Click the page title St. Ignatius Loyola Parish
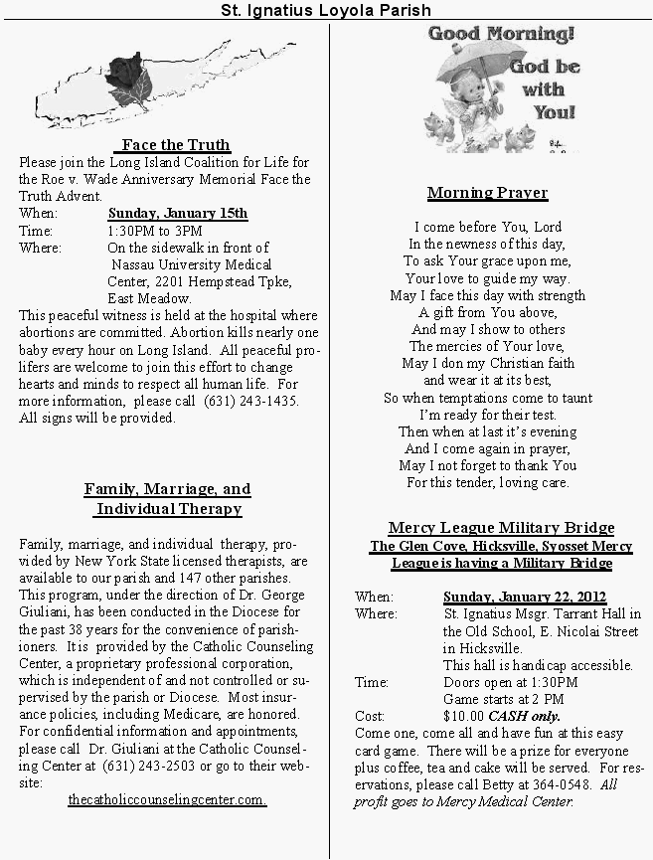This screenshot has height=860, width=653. pyautogui.click(x=326, y=10)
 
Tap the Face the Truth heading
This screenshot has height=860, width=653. pyautogui.click(x=176, y=145)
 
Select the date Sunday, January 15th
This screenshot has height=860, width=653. pyautogui.click(x=178, y=213)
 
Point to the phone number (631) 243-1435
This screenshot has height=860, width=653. pyautogui.click(x=250, y=402)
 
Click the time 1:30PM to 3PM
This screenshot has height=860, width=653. pyautogui.click(x=154, y=231)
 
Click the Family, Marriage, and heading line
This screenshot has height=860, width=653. pyautogui.click(x=167, y=489)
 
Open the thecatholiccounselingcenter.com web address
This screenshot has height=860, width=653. pyautogui.click(x=167, y=800)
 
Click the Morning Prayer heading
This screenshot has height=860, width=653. pyautogui.click(x=487, y=192)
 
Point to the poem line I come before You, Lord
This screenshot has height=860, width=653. pyautogui.click(x=487, y=227)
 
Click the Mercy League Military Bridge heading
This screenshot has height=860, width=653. pyautogui.click(x=487, y=527)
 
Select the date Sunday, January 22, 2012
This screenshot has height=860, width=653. pyautogui.click(x=524, y=597)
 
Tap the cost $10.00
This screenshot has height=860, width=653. pyautogui.click(x=465, y=716)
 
